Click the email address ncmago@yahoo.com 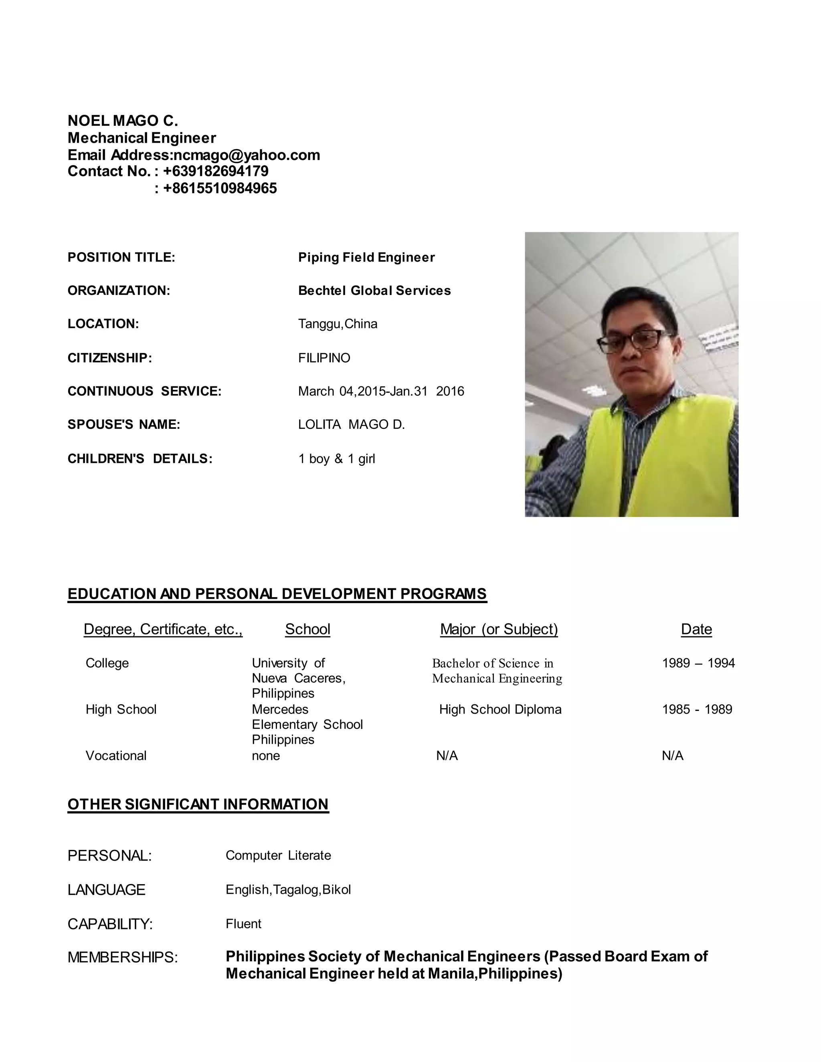pyautogui.click(x=247, y=155)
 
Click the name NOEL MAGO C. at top pyautogui.click(x=123, y=121)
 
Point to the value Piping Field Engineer pyautogui.click(x=366, y=257)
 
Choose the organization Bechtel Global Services pyautogui.click(x=374, y=291)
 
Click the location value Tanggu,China pyautogui.click(x=338, y=324)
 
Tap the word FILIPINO pyautogui.click(x=324, y=358)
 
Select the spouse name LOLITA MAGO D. pyautogui.click(x=351, y=424)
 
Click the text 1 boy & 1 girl pyautogui.click(x=337, y=458)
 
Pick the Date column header pyautogui.click(x=696, y=629)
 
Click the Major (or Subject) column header pyautogui.click(x=499, y=629)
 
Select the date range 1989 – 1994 pyautogui.click(x=698, y=663)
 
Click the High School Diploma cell pyautogui.click(x=500, y=709)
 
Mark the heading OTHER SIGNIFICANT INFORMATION pyautogui.click(x=198, y=804)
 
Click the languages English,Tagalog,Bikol pyautogui.click(x=288, y=889)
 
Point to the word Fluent pyautogui.click(x=243, y=923)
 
